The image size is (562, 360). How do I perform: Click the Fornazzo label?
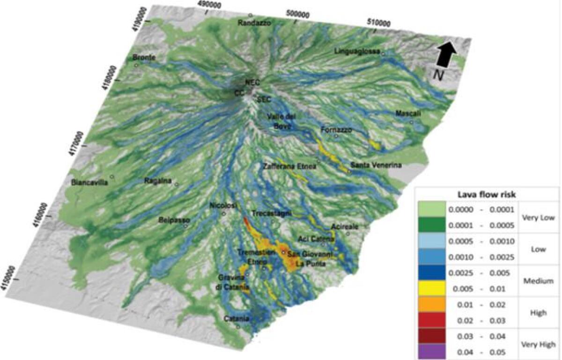[x=337, y=130]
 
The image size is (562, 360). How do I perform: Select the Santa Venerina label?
[x=376, y=165]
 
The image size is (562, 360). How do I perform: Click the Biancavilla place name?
[x=89, y=183]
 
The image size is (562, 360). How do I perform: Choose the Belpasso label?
[x=173, y=220]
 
